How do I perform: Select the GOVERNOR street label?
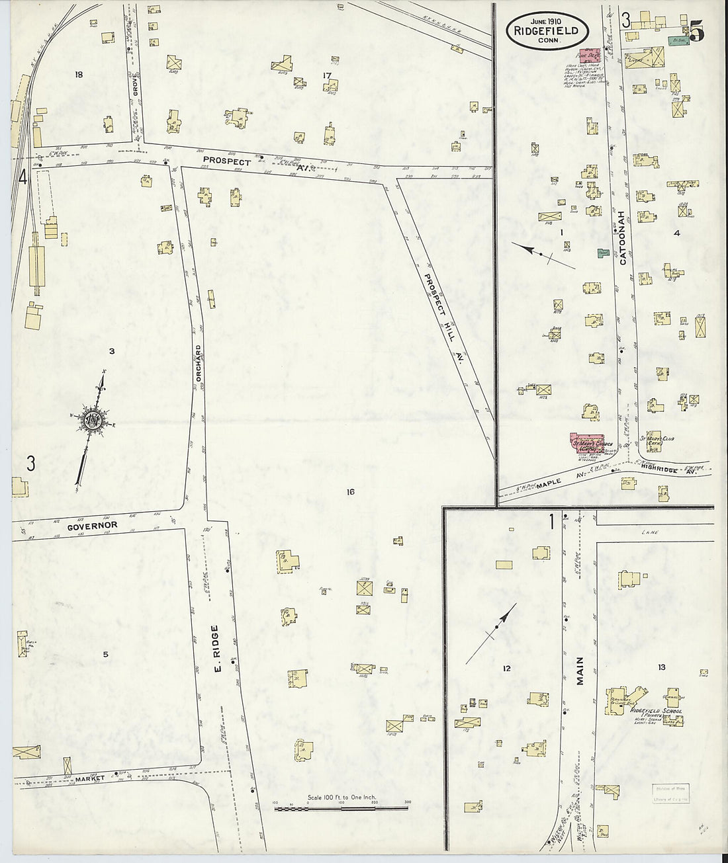tap(92, 525)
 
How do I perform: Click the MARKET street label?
tap(90, 778)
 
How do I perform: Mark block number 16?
tap(350, 491)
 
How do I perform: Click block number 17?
tap(326, 75)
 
